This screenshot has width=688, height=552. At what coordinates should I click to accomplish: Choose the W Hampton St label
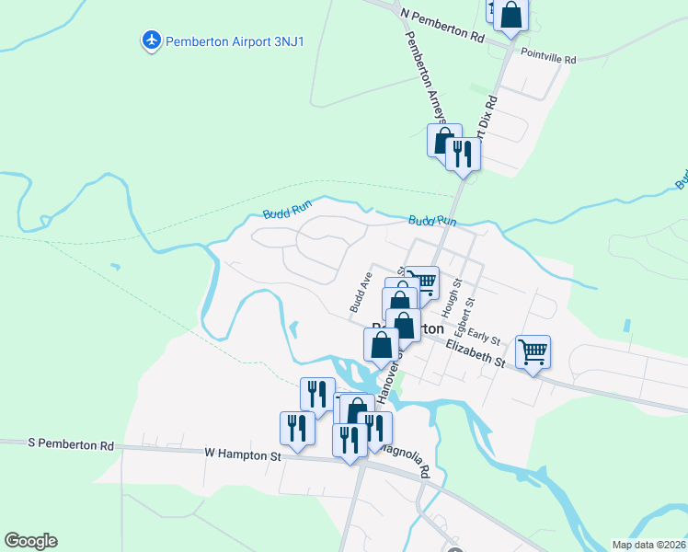pos(242,454)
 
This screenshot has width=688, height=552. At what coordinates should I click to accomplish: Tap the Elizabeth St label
pos(475,353)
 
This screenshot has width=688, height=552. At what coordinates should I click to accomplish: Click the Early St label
pos(482,337)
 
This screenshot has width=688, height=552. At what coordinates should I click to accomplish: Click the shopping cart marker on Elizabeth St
pos(533,351)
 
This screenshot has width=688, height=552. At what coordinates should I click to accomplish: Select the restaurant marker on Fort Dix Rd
pos(463,153)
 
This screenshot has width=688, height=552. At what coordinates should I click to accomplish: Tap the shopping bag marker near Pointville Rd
pos(511,16)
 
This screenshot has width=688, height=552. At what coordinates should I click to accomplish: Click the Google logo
pos(30,541)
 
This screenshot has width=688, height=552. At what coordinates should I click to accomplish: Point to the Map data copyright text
pos(648,544)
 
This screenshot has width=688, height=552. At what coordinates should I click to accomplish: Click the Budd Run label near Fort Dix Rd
pos(432,222)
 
